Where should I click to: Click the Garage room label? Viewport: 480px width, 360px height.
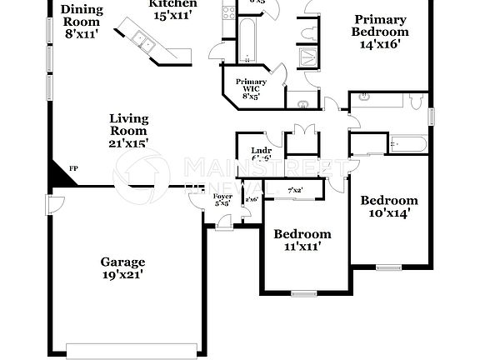tap(123, 261)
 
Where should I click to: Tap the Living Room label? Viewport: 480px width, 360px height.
tap(128, 124)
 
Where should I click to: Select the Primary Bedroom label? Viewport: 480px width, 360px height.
tap(379, 26)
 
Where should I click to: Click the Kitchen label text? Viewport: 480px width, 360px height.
tap(173, 3)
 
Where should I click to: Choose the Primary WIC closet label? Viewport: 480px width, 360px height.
tap(250, 87)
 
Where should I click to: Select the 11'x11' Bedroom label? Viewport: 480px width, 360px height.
tap(302, 234)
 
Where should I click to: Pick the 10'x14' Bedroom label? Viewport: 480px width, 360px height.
tap(388, 201)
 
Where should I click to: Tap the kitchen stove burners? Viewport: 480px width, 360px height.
tap(227, 13)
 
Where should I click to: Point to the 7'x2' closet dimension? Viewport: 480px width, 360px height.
tap(294, 191)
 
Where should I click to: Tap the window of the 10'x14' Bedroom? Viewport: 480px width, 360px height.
tap(387, 267)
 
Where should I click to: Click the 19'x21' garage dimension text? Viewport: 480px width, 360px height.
tap(123, 275)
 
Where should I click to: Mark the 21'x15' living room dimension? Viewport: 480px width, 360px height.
tap(128, 144)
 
